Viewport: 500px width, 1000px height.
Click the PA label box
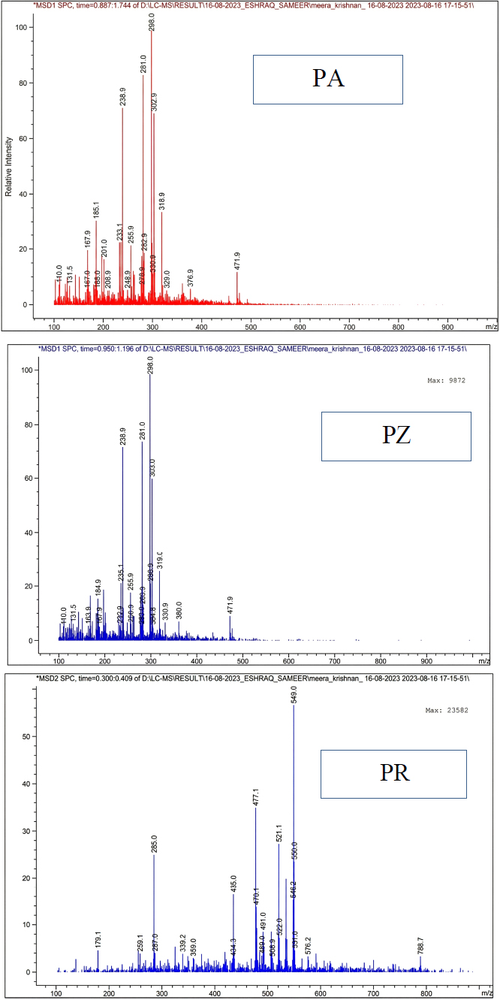coord(327,79)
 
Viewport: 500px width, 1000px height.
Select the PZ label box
coord(396,436)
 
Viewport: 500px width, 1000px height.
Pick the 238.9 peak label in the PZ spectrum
coord(123,436)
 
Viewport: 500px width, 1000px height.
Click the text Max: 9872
coord(446,381)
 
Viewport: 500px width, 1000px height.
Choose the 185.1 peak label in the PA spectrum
coord(96,210)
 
